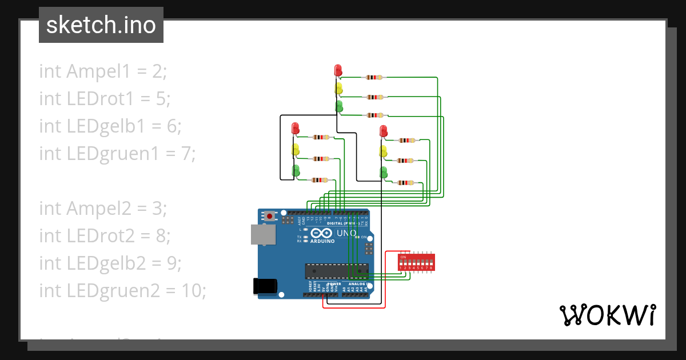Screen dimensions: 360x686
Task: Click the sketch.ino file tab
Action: click(101, 25)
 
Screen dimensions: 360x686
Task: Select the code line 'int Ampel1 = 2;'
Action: click(103, 71)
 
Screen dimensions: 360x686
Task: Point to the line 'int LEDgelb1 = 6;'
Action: click(110, 126)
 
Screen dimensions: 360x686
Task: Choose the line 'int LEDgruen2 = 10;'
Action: click(122, 291)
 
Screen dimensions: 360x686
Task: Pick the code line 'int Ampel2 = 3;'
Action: click(103, 209)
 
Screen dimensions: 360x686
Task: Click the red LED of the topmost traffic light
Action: click(338, 70)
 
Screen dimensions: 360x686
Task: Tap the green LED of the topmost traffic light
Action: click(338, 106)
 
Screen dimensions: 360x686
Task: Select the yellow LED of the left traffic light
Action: click(296, 150)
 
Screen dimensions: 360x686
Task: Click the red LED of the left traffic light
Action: click(296, 128)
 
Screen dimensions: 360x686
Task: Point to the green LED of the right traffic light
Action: click(384, 172)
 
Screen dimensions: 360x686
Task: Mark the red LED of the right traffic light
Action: click(384, 131)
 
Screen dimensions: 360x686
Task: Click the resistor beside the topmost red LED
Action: click(374, 77)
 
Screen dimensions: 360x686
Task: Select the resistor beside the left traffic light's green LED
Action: click(318, 180)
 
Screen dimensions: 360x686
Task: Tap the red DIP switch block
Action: click(416, 262)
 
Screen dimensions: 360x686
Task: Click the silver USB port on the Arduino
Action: click(262, 234)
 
